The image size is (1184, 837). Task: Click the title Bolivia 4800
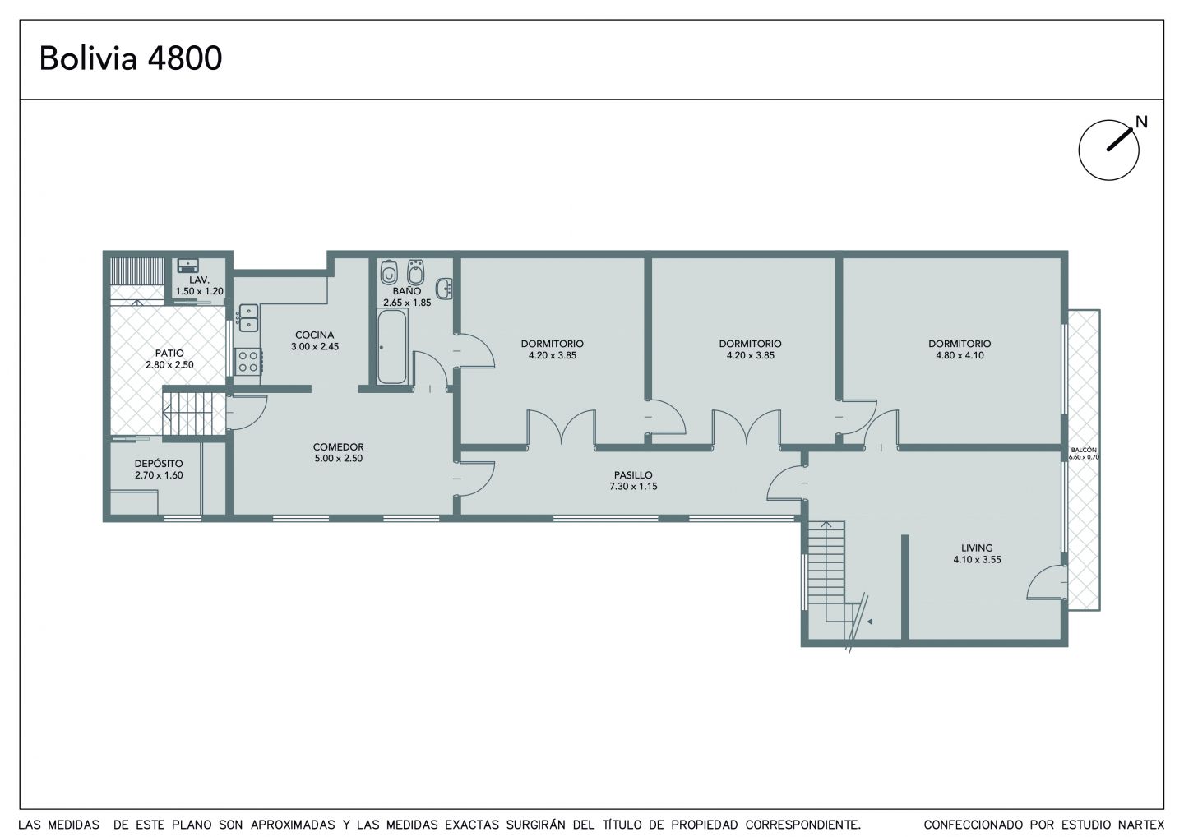pos(131,58)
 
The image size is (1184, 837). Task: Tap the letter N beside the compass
pos(1142,122)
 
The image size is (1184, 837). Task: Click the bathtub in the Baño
pos(392,347)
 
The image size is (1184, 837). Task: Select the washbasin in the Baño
pos(444,289)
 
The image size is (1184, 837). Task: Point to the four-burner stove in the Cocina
pos(248,362)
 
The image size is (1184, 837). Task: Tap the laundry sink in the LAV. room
pos(187,266)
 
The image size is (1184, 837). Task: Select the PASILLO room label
pos(633,475)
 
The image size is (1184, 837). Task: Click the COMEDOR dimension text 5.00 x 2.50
pos(338,459)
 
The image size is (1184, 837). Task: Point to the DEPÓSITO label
pos(159,464)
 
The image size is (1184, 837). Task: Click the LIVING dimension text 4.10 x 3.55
pos(978,560)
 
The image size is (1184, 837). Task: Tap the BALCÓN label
pos(1084,451)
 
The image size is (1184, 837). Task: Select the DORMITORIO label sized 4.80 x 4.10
pos(960,344)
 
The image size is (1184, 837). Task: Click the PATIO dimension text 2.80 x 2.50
pos(169,364)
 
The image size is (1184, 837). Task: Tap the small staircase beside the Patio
pos(188,412)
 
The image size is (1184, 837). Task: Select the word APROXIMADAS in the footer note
pos(293,825)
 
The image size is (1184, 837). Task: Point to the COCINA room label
pos(314,335)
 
